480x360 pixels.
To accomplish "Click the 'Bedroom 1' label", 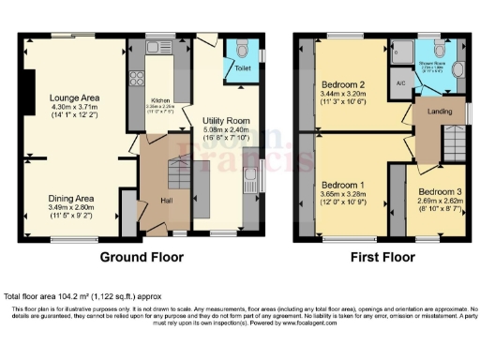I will coord(340,185).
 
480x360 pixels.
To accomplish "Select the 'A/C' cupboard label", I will coord(401,83).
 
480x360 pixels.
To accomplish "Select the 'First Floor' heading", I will coord(382,256).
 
